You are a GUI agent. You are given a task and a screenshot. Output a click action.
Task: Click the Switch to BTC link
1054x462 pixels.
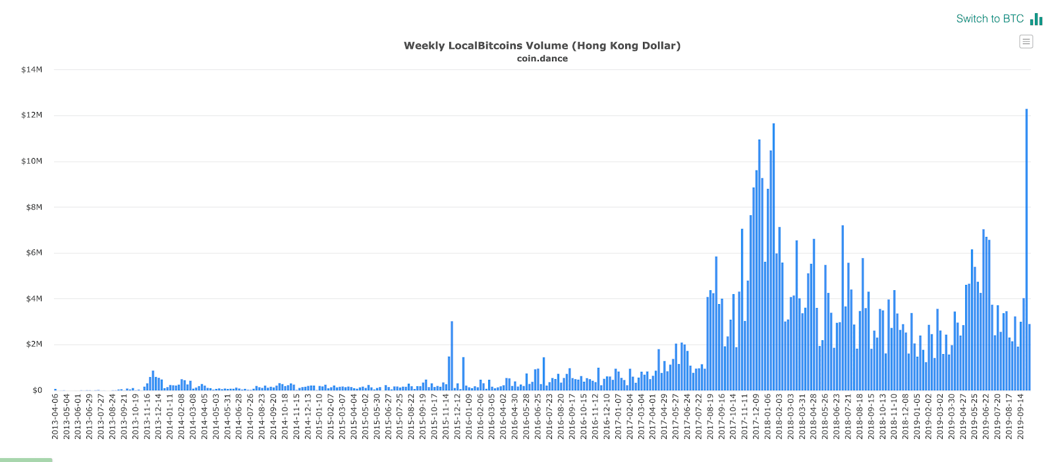[989, 18]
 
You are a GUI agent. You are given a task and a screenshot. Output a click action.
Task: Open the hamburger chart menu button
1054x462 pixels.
[1026, 41]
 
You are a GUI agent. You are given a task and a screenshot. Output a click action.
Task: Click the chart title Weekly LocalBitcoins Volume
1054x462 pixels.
[541, 45]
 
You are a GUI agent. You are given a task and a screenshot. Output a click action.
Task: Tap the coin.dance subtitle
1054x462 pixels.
[541, 59]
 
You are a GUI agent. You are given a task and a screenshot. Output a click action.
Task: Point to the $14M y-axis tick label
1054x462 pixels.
[32, 70]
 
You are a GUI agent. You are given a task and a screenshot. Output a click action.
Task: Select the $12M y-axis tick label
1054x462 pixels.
[32, 115]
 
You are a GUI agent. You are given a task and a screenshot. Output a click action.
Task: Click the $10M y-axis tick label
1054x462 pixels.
[32, 161]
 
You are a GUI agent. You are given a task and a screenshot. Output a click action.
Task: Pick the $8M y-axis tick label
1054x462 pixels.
[34, 207]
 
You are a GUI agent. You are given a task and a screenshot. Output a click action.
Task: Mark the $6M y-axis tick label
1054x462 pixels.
[34, 253]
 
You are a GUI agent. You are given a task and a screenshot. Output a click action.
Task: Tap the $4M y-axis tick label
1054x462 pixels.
[34, 299]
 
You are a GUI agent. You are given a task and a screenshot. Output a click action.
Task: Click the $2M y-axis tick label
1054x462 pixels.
[34, 344]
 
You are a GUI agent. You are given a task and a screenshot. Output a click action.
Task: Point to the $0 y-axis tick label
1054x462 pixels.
[37, 390]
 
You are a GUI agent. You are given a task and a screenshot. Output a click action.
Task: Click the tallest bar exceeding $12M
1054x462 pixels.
[1026, 250]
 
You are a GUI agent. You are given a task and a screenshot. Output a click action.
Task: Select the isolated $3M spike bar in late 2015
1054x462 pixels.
[452, 355]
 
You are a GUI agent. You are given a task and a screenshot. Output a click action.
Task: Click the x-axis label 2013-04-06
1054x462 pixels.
[55, 417]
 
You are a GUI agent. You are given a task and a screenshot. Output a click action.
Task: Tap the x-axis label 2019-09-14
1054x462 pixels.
[1020, 417]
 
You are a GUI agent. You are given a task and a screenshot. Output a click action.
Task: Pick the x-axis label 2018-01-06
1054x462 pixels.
[767, 417]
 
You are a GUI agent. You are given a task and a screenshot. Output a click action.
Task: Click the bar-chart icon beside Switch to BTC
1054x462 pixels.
[1036, 19]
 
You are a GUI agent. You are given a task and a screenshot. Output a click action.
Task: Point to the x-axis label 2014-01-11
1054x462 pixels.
[170, 417]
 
